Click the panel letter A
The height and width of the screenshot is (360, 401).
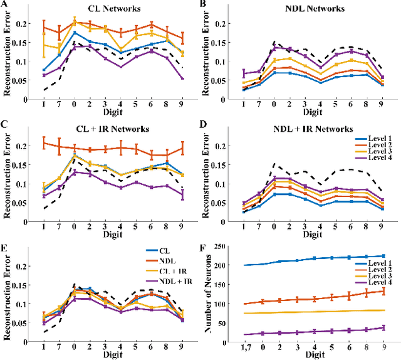tap(4, 4)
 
